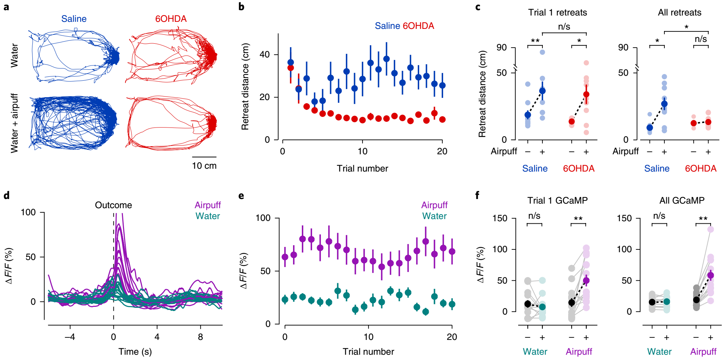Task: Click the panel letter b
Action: (241, 7)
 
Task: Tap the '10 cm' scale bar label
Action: (204, 166)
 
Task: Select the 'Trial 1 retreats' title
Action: (557, 13)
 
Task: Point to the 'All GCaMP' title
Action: (682, 200)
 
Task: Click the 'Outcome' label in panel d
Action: (113, 205)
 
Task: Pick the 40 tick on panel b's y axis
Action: (265, 55)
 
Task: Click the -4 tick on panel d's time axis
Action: (70, 337)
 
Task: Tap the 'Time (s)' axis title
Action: (135, 352)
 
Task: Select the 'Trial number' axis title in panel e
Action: (368, 352)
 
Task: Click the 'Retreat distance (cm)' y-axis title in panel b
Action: (245, 87)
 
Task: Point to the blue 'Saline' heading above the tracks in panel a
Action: (74, 19)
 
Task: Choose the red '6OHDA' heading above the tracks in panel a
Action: (171, 19)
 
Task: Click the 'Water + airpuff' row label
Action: (14, 123)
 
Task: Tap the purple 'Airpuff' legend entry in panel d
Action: (207, 205)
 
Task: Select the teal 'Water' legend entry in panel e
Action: (434, 216)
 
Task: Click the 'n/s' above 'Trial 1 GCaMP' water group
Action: (534, 216)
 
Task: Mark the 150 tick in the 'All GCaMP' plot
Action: (624, 218)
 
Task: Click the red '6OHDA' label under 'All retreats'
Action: (700, 168)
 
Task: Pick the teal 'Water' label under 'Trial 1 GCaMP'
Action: (535, 352)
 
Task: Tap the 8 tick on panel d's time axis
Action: (200, 337)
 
